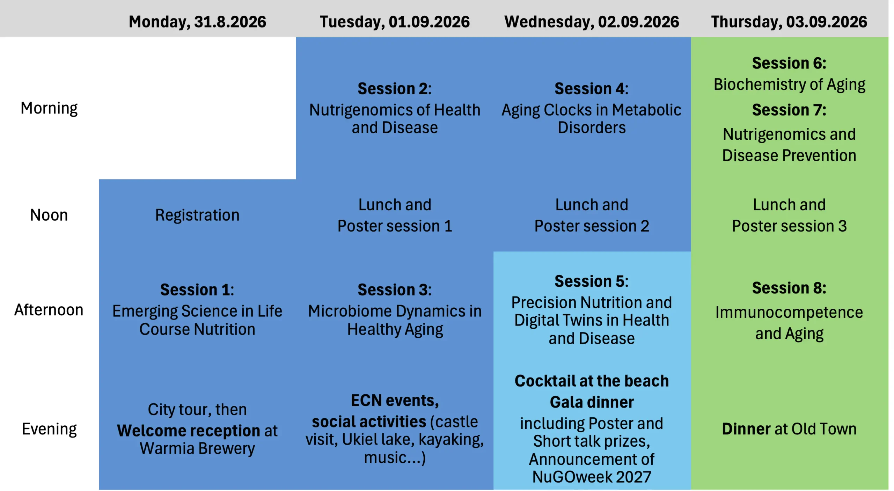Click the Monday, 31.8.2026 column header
pyautogui.click(x=197, y=22)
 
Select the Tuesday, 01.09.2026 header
pyautogui.click(x=395, y=22)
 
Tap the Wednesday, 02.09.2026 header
pyautogui.click(x=592, y=22)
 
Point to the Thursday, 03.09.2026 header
pyautogui.click(x=789, y=22)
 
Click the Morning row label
pyautogui.click(x=49, y=108)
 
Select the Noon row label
pyautogui.click(x=49, y=215)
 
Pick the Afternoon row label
pyautogui.click(x=49, y=310)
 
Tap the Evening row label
pyautogui.click(x=49, y=429)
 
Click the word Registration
pyautogui.click(x=197, y=215)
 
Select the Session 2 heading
pyautogui.click(x=395, y=89)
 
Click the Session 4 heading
pyautogui.click(x=592, y=89)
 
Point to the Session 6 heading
pyautogui.click(x=789, y=63)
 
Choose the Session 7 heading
pyautogui.click(x=789, y=110)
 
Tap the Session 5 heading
pyautogui.click(x=592, y=281)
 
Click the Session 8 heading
pyautogui.click(x=789, y=288)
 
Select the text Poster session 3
pyautogui.click(x=789, y=226)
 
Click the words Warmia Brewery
pyautogui.click(x=197, y=448)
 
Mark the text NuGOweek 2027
pyautogui.click(x=592, y=477)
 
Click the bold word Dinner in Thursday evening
pyautogui.click(x=746, y=429)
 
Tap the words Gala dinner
pyautogui.click(x=592, y=402)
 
